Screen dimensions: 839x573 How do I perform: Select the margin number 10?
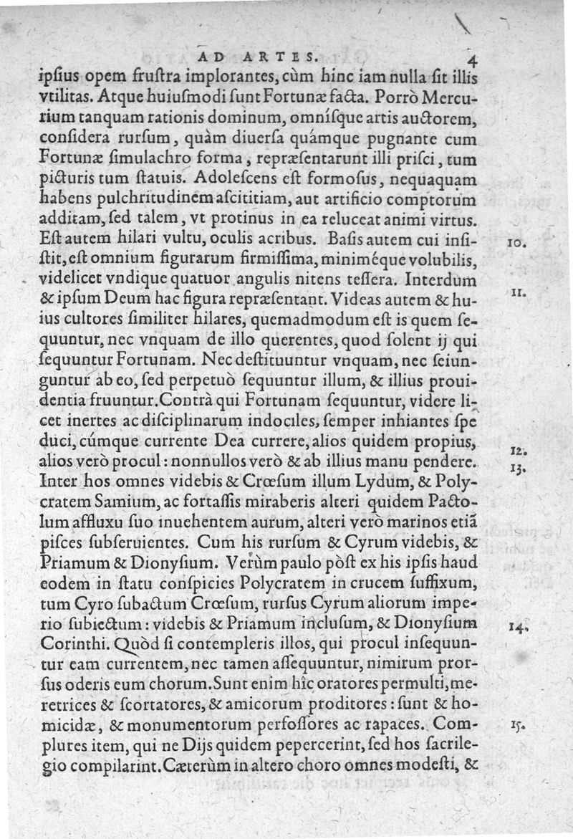click(516, 244)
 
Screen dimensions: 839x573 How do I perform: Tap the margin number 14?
click(519, 627)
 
